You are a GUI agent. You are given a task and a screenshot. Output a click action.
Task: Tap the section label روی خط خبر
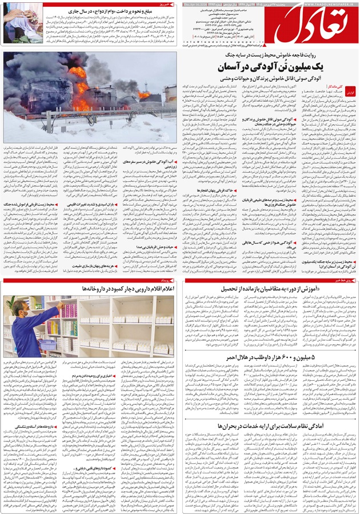[x=342, y=280]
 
